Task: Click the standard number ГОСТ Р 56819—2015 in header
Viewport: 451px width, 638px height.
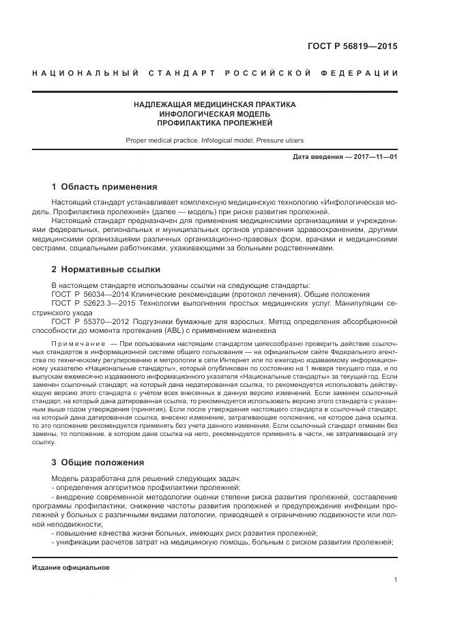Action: click(x=358, y=47)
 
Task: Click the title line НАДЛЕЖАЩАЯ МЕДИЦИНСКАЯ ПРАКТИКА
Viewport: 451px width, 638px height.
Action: click(x=215, y=104)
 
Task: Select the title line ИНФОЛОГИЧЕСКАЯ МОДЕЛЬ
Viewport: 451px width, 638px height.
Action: click(x=215, y=114)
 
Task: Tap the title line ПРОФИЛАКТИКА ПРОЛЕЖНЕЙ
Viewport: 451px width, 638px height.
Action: click(x=215, y=124)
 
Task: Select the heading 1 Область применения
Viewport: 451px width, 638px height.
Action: click(x=104, y=186)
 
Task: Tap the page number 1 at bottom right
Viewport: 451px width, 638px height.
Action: click(x=395, y=580)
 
